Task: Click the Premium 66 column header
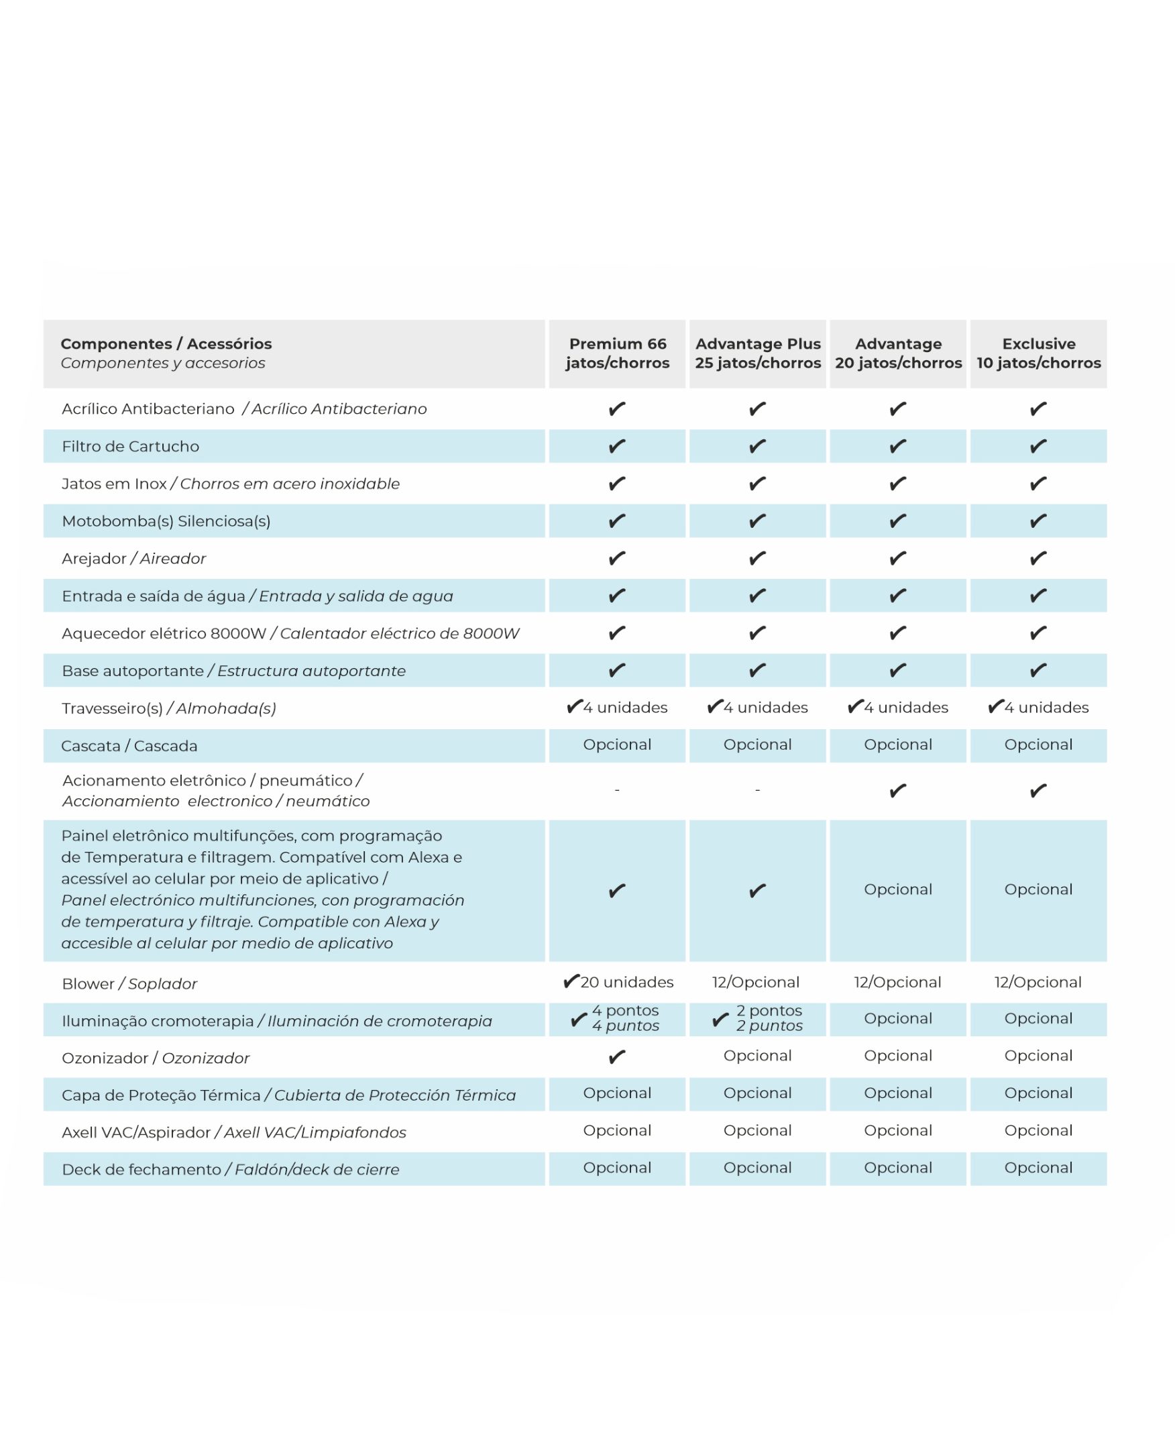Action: click(x=617, y=353)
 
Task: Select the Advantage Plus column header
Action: click(x=757, y=353)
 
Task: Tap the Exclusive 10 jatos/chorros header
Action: click(x=1038, y=353)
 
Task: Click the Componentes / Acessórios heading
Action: click(x=166, y=344)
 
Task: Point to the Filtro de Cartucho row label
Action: click(x=131, y=447)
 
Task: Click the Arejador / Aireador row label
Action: click(x=133, y=559)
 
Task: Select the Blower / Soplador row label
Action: click(x=129, y=984)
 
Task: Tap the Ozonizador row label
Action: click(x=155, y=1058)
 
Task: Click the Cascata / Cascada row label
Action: click(x=129, y=747)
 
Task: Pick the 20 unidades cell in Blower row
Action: click(x=618, y=982)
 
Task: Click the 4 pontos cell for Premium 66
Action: click(x=617, y=1019)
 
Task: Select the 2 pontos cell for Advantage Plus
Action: click(x=758, y=1019)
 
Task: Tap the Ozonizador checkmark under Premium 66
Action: click(x=616, y=1057)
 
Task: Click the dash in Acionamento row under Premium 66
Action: click(x=616, y=789)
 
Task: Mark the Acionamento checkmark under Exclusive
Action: click(x=1038, y=791)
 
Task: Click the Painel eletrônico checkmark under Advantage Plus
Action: click(x=757, y=891)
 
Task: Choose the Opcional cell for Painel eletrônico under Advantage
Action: click(x=897, y=890)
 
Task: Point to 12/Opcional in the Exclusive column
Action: click(x=1038, y=983)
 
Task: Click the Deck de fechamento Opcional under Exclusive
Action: click(x=1038, y=1168)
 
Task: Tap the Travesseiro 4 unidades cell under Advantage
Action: click(x=898, y=708)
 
